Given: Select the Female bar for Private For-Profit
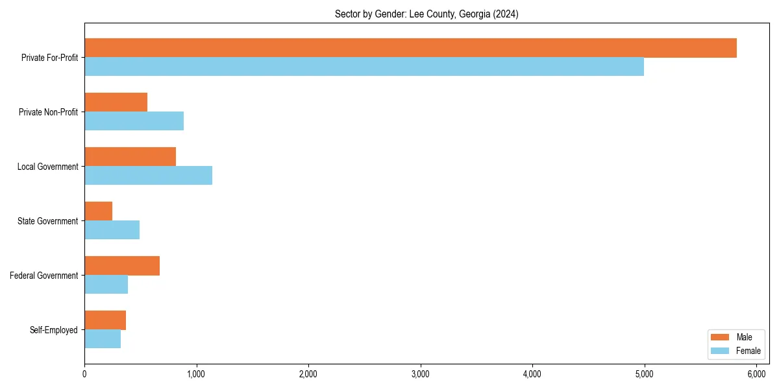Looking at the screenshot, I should [364, 67].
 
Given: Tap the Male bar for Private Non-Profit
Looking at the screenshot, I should [116, 102].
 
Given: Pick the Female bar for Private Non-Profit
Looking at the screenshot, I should [134, 121].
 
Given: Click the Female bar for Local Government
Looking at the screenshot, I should [148, 176].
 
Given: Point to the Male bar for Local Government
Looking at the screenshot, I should [130, 157].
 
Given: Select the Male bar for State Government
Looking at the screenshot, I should [98, 211].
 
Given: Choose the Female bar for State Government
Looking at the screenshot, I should [112, 230].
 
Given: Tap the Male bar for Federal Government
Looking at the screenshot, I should [122, 266].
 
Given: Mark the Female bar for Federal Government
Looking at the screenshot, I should [106, 285].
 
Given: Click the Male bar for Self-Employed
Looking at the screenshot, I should [105, 320].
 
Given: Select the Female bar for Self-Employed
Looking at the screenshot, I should [103, 339].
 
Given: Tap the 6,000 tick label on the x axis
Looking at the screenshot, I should [756, 374].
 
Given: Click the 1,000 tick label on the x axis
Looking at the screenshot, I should [196, 374].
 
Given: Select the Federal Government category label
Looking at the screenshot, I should [44, 276].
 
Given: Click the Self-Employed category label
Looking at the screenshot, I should [54, 330].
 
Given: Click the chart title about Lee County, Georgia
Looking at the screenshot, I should [426, 14].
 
